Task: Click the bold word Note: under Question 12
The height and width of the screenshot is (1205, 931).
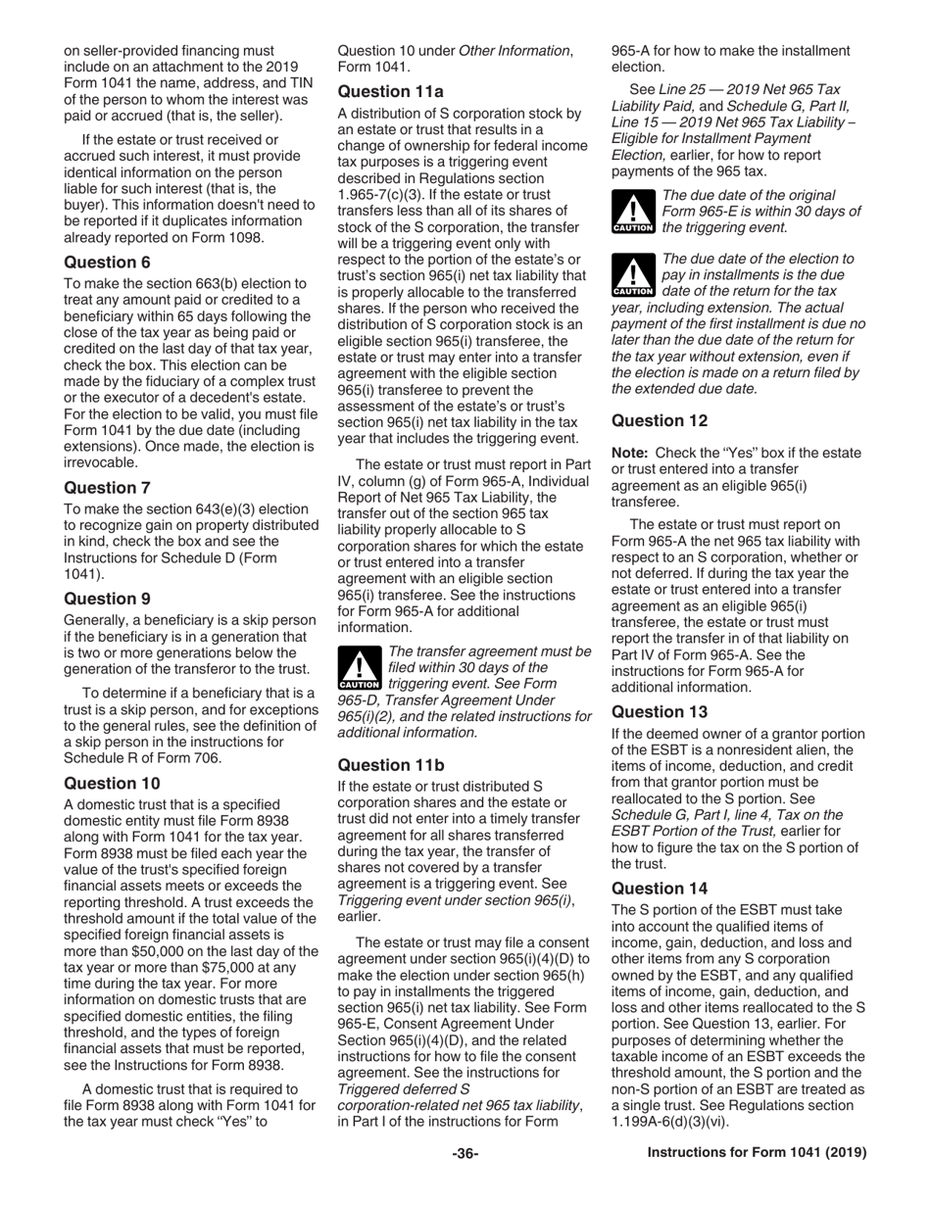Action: [629, 453]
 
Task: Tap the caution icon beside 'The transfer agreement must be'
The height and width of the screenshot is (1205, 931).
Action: [357, 668]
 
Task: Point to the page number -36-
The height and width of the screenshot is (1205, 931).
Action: [465, 1154]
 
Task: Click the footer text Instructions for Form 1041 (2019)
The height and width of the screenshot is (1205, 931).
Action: [758, 1154]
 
